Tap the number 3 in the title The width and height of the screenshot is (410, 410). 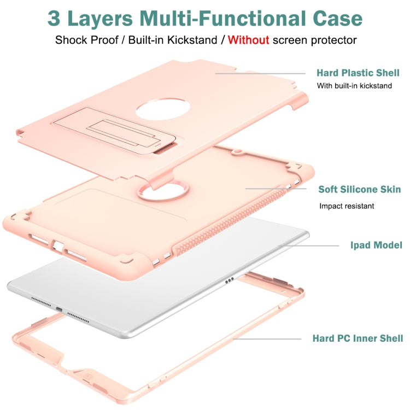[55, 17]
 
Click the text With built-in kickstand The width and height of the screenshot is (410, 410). [354, 86]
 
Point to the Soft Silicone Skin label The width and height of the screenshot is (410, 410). [360, 190]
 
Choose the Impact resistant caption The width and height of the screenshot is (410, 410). [347, 206]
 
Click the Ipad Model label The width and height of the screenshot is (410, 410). [376, 245]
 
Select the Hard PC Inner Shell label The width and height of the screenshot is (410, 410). [358, 338]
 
